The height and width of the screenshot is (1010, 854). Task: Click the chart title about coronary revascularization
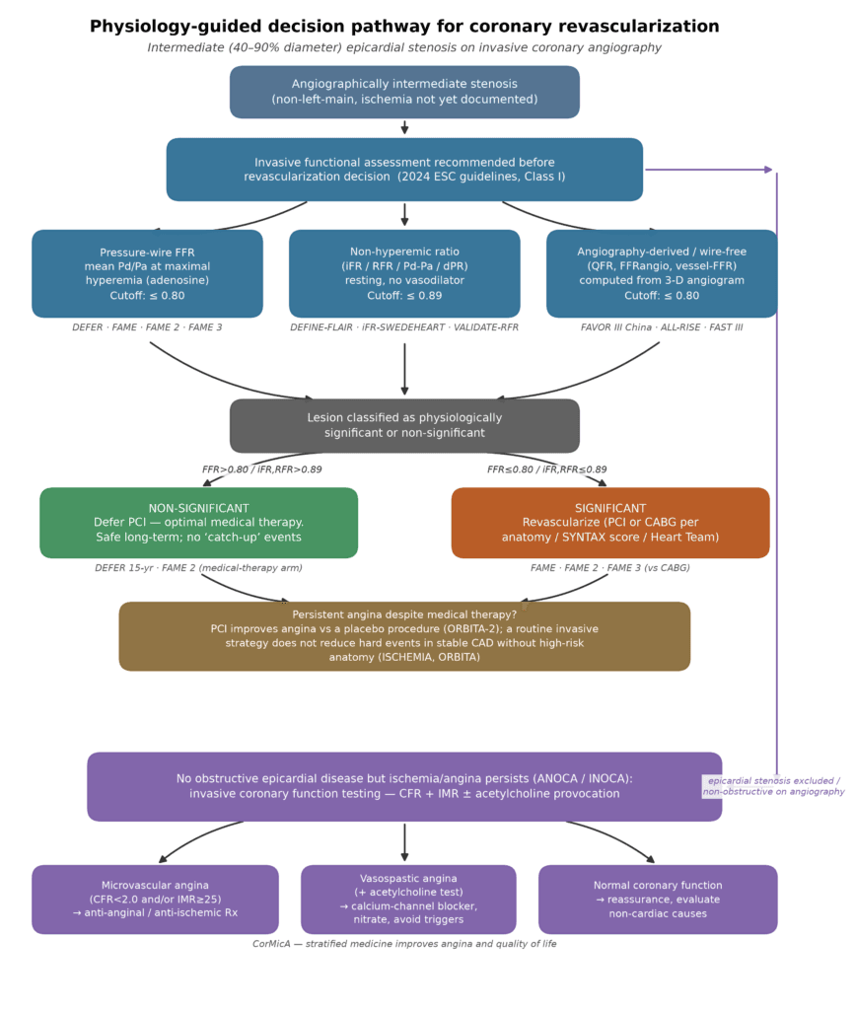404,27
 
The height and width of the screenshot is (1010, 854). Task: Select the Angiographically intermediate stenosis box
404,92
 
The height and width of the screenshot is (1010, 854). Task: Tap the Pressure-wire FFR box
148,274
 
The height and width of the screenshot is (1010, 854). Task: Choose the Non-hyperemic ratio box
404,274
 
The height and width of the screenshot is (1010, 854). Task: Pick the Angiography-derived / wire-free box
662,274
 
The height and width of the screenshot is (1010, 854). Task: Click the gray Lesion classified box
404,426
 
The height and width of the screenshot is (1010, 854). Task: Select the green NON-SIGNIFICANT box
199,523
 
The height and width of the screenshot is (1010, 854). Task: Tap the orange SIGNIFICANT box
610,523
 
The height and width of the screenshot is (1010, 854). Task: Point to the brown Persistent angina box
404,636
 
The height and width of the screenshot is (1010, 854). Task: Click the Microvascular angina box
155,900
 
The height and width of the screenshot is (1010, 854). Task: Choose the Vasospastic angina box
408,900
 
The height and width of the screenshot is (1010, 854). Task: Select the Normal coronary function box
658,900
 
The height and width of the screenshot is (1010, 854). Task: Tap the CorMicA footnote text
404,944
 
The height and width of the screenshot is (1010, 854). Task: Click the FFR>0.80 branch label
262,469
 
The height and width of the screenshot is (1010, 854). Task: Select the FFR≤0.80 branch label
546,469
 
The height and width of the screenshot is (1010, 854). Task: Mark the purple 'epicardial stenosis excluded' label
773,786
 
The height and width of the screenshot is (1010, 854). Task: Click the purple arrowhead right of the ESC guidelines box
768,170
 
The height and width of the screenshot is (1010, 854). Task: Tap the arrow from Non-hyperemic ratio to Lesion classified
404,369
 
